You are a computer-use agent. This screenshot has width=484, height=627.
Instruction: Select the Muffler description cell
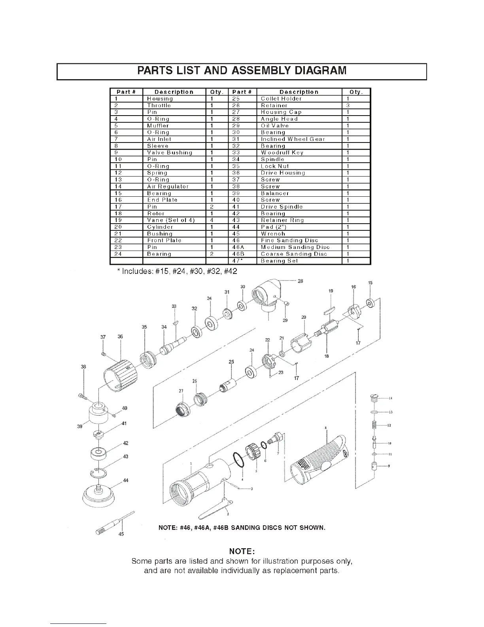tap(158, 126)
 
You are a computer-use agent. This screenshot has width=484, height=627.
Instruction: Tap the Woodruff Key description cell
tap(282, 153)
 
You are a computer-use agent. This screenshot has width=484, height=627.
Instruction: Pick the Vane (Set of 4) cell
tap(171, 220)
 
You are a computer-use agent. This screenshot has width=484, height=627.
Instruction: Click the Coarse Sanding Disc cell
tap(294, 254)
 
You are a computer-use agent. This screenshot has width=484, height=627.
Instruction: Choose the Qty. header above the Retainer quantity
tap(356, 92)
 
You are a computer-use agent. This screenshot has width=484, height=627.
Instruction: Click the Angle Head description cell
tap(279, 119)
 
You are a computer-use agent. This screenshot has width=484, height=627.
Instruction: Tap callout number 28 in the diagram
tap(301, 281)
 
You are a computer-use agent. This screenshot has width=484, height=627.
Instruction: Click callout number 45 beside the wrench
tap(121, 534)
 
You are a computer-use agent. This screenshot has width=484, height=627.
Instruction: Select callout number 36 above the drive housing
tap(120, 337)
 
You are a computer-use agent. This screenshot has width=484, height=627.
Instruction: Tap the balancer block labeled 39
tap(97, 414)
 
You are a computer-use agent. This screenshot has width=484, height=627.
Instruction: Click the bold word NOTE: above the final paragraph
tap(242, 551)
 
